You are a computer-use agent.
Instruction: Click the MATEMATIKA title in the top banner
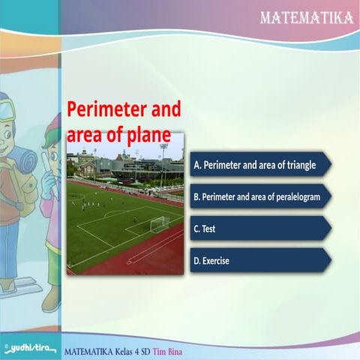307,16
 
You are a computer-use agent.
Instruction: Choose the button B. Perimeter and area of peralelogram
259,196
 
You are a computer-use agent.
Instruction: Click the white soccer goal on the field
160,223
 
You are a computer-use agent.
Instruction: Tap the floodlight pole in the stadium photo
163,161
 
